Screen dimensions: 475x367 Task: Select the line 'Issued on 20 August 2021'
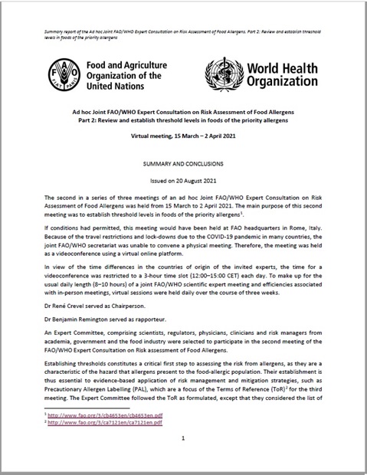coord(183,180)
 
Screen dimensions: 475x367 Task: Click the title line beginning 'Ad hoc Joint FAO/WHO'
coord(183,113)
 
